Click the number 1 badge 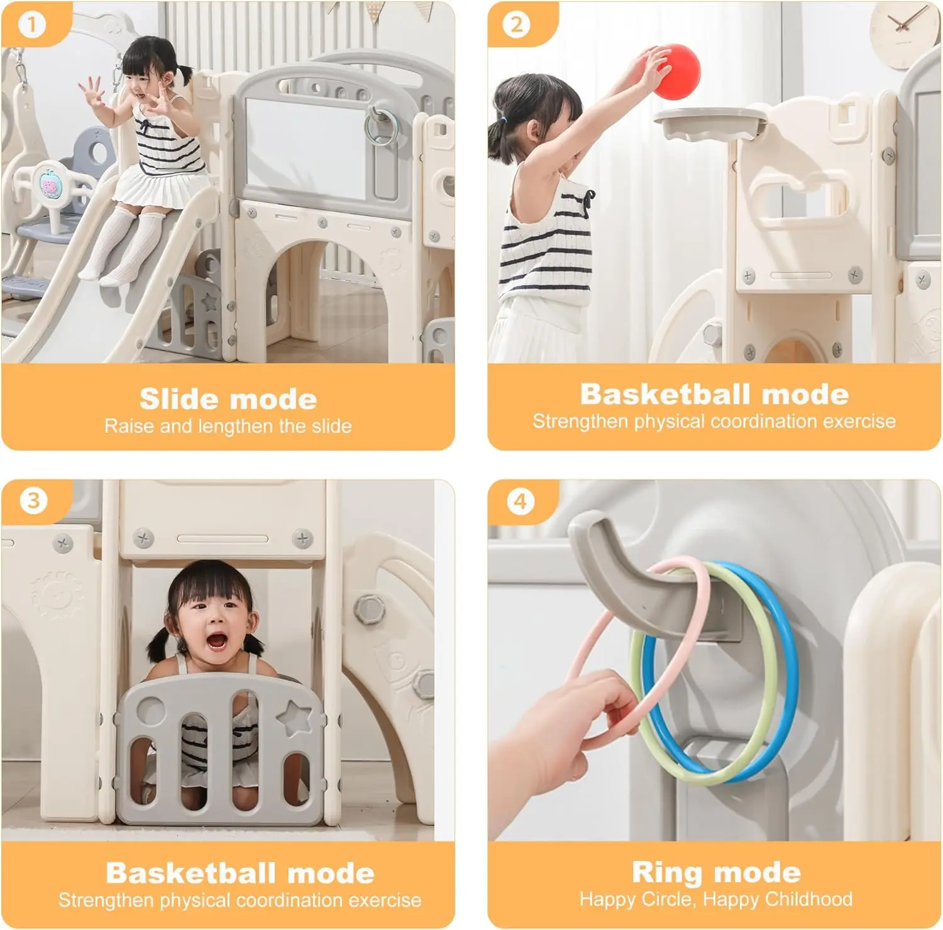32,25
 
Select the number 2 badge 517,25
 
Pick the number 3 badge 33,501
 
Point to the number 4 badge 520,501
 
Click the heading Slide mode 228,399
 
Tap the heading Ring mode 716,872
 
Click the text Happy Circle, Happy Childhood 716,899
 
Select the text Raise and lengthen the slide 228,426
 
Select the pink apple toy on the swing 50,185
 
